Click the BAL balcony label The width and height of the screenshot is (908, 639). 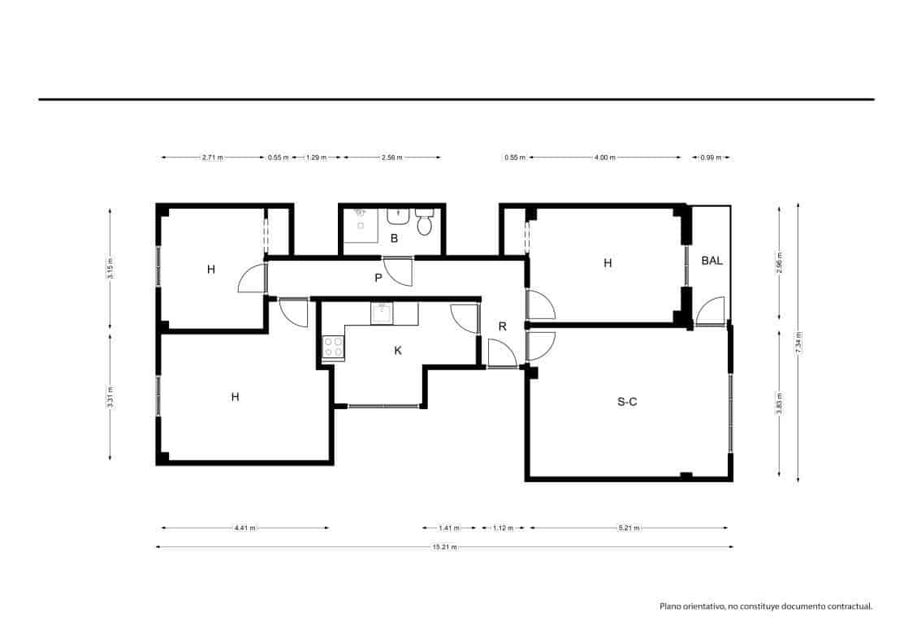[711, 261]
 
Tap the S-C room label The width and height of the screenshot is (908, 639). [627, 400]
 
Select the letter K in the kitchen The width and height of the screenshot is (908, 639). [398, 350]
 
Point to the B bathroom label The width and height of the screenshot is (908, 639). [394, 238]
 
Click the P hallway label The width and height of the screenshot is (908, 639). [378, 278]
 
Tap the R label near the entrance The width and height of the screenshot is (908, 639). [503, 326]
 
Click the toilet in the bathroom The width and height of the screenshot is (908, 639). [424, 222]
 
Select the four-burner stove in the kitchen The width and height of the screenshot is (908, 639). [333, 348]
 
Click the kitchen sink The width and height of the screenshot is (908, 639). [382, 313]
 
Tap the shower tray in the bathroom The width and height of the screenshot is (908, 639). [360, 226]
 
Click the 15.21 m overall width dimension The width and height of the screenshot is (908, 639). [444, 547]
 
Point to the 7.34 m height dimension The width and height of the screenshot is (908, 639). [799, 342]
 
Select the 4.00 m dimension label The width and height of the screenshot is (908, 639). [604, 158]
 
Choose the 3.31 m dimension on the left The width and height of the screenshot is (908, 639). [110, 398]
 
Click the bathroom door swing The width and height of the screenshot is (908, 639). [398, 270]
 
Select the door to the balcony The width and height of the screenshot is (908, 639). [710, 312]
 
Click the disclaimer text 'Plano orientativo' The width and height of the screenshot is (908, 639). [765, 606]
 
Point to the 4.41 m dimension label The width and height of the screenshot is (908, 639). [244, 528]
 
